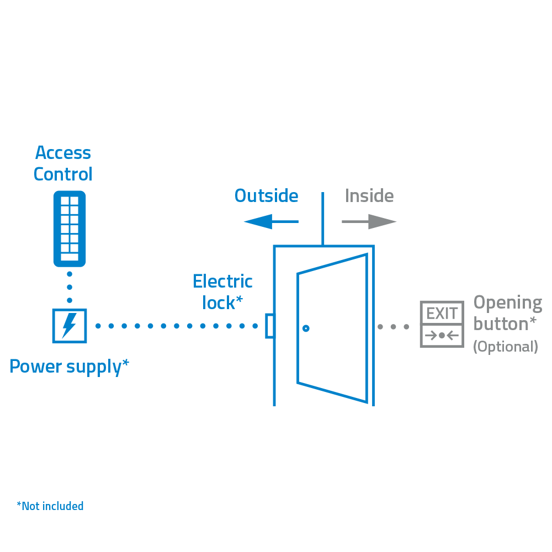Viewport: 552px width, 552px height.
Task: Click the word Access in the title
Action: coord(63,152)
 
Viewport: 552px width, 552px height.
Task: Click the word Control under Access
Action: coord(63,174)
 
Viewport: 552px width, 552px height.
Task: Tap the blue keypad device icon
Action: coord(69,228)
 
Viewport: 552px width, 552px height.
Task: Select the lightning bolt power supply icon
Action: coord(69,325)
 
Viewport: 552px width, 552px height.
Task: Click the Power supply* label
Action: coord(70,366)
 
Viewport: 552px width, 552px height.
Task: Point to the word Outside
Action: coord(266,196)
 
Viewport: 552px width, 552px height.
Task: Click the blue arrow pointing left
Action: coord(270,222)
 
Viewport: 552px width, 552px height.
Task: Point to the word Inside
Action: coord(369,196)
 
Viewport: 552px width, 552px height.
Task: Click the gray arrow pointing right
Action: coord(369,222)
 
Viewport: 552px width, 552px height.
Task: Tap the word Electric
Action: coord(222,282)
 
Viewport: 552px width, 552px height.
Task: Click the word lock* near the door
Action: coord(222,302)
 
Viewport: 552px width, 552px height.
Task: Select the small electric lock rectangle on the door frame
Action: coord(270,326)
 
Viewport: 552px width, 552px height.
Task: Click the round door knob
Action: coord(306,328)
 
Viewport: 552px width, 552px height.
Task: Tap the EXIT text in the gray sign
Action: coord(442,314)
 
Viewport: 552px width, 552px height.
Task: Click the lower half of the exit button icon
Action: coord(442,336)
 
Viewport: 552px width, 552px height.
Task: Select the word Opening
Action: coord(508,302)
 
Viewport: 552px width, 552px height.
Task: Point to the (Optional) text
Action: coord(505,346)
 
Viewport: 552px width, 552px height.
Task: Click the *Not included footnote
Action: coord(50,506)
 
